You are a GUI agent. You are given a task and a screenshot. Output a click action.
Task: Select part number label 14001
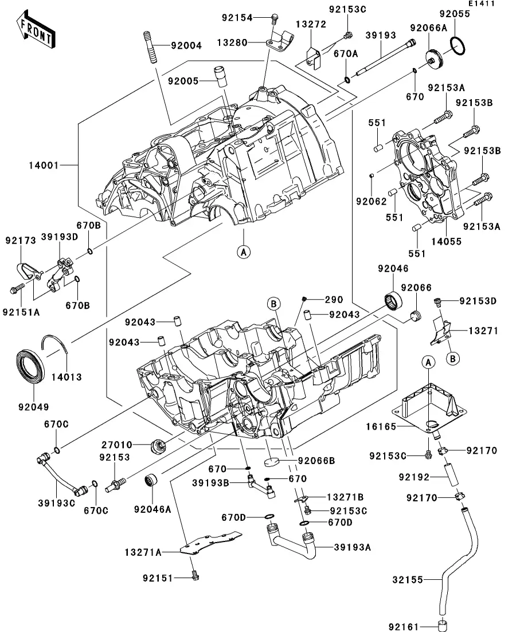tap(44, 166)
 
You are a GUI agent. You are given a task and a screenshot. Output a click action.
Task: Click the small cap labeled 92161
tap(441, 624)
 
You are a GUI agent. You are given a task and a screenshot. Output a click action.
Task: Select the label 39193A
tap(353, 547)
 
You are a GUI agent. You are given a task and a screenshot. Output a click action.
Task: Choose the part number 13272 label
tap(311, 24)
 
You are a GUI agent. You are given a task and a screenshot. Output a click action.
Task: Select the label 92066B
tap(316, 460)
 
